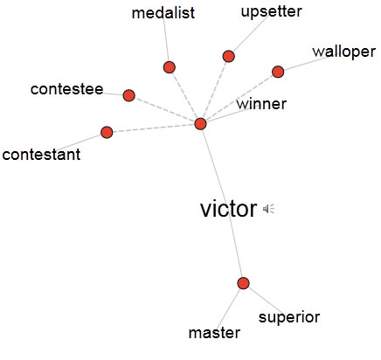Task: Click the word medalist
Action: pyautogui.click(x=163, y=13)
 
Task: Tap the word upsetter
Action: pyautogui.click(x=272, y=12)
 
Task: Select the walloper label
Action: pyautogui.click(x=343, y=52)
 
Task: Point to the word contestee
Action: pyautogui.click(x=66, y=89)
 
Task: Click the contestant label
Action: pyautogui.click(x=41, y=155)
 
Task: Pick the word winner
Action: pyautogui.click(x=261, y=104)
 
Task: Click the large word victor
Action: pyautogui.click(x=229, y=209)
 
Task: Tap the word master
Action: pyautogui.click(x=214, y=333)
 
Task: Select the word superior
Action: pyautogui.click(x=289, y=317)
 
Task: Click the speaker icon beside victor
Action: pyautogui.click(x=268, y=209)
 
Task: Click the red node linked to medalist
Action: pyautogui.click(x=170, y=67)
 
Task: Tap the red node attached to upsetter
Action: pyautogui.click(x=229, y=56)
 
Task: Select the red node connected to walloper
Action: pyautogui.click(x=278, y=72)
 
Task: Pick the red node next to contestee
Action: pyautogui.click(x=129, y=95)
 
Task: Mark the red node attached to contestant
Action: pyautogui.click(x=107, y=132)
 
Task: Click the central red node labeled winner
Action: pyautogui.click(x=200, y=124)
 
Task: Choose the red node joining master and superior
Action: pyautogui.click(x=243, y=283)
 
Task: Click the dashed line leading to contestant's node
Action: pyautogui.click(x=154, y=128)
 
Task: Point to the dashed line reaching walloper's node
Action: pyautogui.click(x=239, y=98)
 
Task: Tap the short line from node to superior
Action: pyautogui.click(x=266, y=301)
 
